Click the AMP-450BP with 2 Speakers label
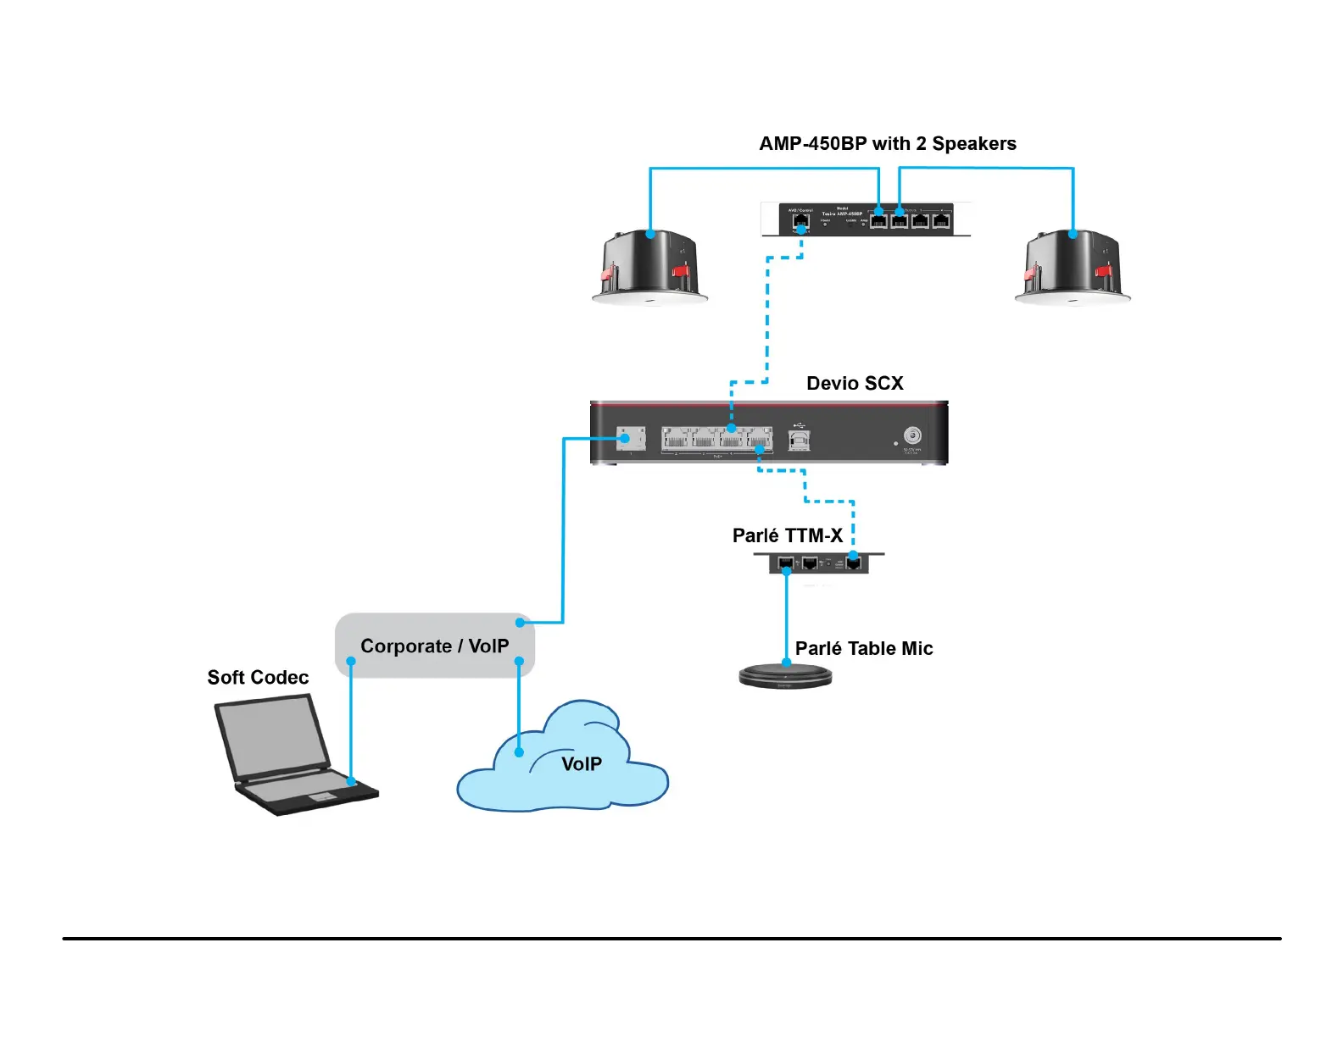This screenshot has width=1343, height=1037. [x=887, y=144]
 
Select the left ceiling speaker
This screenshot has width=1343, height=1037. [x=649, y=266]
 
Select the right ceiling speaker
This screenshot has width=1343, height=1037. [x=1073, y=266]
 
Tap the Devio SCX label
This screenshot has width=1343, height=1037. [x=855, y=384]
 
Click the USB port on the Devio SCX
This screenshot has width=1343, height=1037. [x=799, y=439]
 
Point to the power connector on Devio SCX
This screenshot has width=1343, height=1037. [x=912, y=435]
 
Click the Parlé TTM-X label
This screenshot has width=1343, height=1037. [x=787, y=536]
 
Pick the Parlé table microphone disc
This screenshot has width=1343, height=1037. [x=786, y=675]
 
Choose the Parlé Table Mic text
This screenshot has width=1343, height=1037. [x=864, y=649]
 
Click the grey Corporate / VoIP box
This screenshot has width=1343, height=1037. [x=434, y=646]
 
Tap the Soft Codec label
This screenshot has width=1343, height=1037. [x=258, y=678]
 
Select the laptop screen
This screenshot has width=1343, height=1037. [x=272, y=735]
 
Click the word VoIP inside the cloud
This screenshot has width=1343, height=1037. [x=582, y=764]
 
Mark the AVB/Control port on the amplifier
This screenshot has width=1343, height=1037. [x=800, y=222]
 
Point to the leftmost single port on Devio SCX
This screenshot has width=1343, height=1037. [x=630, y=438]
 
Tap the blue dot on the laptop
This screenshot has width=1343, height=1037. [x=352, y=781]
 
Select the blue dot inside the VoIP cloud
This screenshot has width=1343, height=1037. [x=519, y=752]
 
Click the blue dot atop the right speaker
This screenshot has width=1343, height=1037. [x=1073, y=234]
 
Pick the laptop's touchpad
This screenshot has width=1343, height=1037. [x=322, y=796]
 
